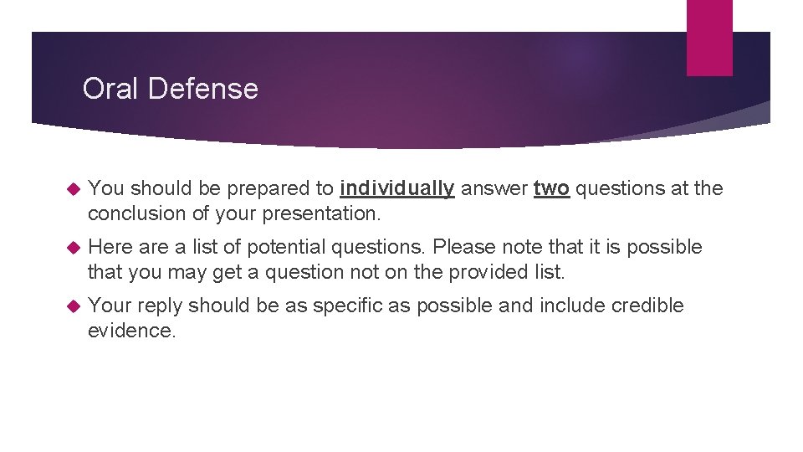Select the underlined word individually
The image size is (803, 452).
click(398, 188)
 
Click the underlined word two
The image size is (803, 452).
click(552, 188)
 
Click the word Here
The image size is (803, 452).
click(110, 247)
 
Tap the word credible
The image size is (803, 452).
click(647, 306)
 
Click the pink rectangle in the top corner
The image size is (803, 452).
click(709, 38)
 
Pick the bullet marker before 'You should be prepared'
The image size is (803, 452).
click(70, 189)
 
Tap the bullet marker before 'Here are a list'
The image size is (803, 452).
click(70, 248)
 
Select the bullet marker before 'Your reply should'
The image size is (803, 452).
click(70, 306)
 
